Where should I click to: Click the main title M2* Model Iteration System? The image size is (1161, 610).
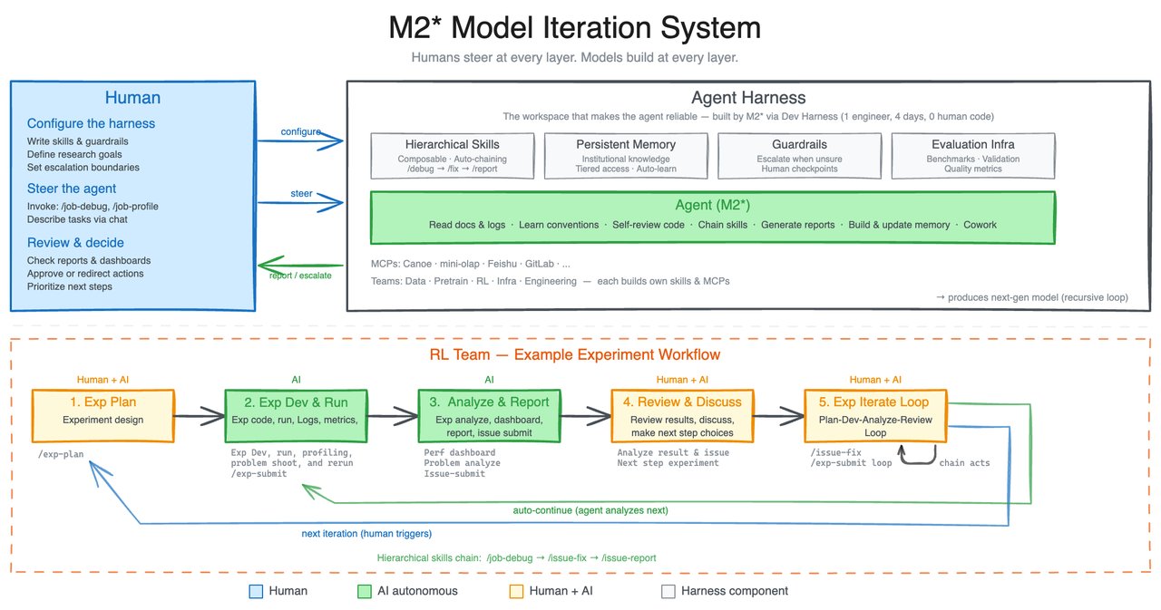574,28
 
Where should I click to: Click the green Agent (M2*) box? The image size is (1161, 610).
712,215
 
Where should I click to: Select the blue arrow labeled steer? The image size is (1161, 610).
301,202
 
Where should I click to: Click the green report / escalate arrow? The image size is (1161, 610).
299,266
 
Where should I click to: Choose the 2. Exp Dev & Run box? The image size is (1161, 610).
296,415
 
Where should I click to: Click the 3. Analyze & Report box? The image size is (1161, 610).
489,415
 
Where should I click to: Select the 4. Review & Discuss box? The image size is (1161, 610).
682,415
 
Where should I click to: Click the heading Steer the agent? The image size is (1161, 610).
72,189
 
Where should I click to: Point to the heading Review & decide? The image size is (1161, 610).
75,242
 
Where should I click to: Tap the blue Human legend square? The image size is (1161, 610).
255,591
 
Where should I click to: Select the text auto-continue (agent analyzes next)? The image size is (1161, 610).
590,510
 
